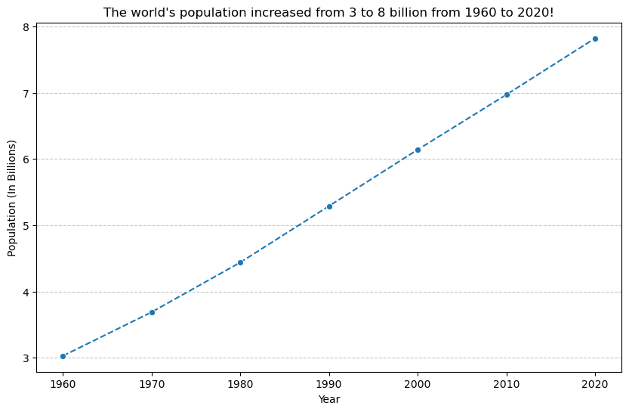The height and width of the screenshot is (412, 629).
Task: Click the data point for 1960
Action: [63, 356]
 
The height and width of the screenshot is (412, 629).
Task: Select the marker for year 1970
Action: [152, 312]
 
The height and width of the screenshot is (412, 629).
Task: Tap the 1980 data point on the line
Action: [240, 262]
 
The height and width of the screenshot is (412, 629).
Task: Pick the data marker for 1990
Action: [329, 206]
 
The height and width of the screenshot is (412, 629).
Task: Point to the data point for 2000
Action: [418, 150]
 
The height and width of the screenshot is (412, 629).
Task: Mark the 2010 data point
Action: [507, 94]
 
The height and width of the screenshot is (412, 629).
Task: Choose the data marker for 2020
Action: [595, 39]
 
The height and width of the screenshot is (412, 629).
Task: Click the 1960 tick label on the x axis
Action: [63, 384]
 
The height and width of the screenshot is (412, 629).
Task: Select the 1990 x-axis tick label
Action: [329, 384]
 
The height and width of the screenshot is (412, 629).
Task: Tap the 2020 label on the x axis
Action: [595, 384]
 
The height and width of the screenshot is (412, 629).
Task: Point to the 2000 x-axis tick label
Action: [418, 384]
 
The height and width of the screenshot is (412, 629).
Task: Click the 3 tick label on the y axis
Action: [26, 358]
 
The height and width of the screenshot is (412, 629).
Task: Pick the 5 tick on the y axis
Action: [26, 226]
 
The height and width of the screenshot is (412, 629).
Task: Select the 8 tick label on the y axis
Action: [26, 27]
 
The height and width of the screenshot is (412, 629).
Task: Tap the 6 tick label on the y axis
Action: [26, 160]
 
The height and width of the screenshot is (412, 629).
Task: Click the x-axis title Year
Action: [329, 399]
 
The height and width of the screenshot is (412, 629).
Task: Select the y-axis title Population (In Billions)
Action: [12, 197]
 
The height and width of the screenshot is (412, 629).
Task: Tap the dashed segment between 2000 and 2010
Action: [462, 122]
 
